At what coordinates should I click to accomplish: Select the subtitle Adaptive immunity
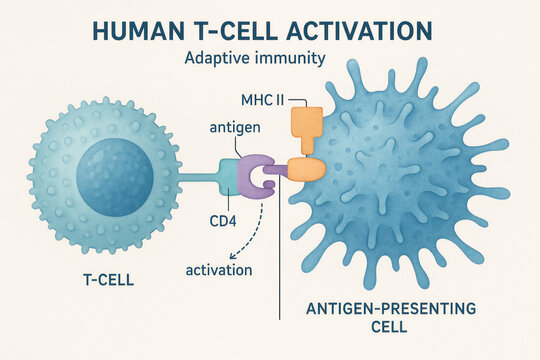coord(255,58)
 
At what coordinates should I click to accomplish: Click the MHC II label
coord(262,101)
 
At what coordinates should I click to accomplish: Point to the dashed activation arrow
coord(257,235)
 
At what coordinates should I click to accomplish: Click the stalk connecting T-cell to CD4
coord(198,179)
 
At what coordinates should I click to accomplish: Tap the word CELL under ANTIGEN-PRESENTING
coord(391,329)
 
